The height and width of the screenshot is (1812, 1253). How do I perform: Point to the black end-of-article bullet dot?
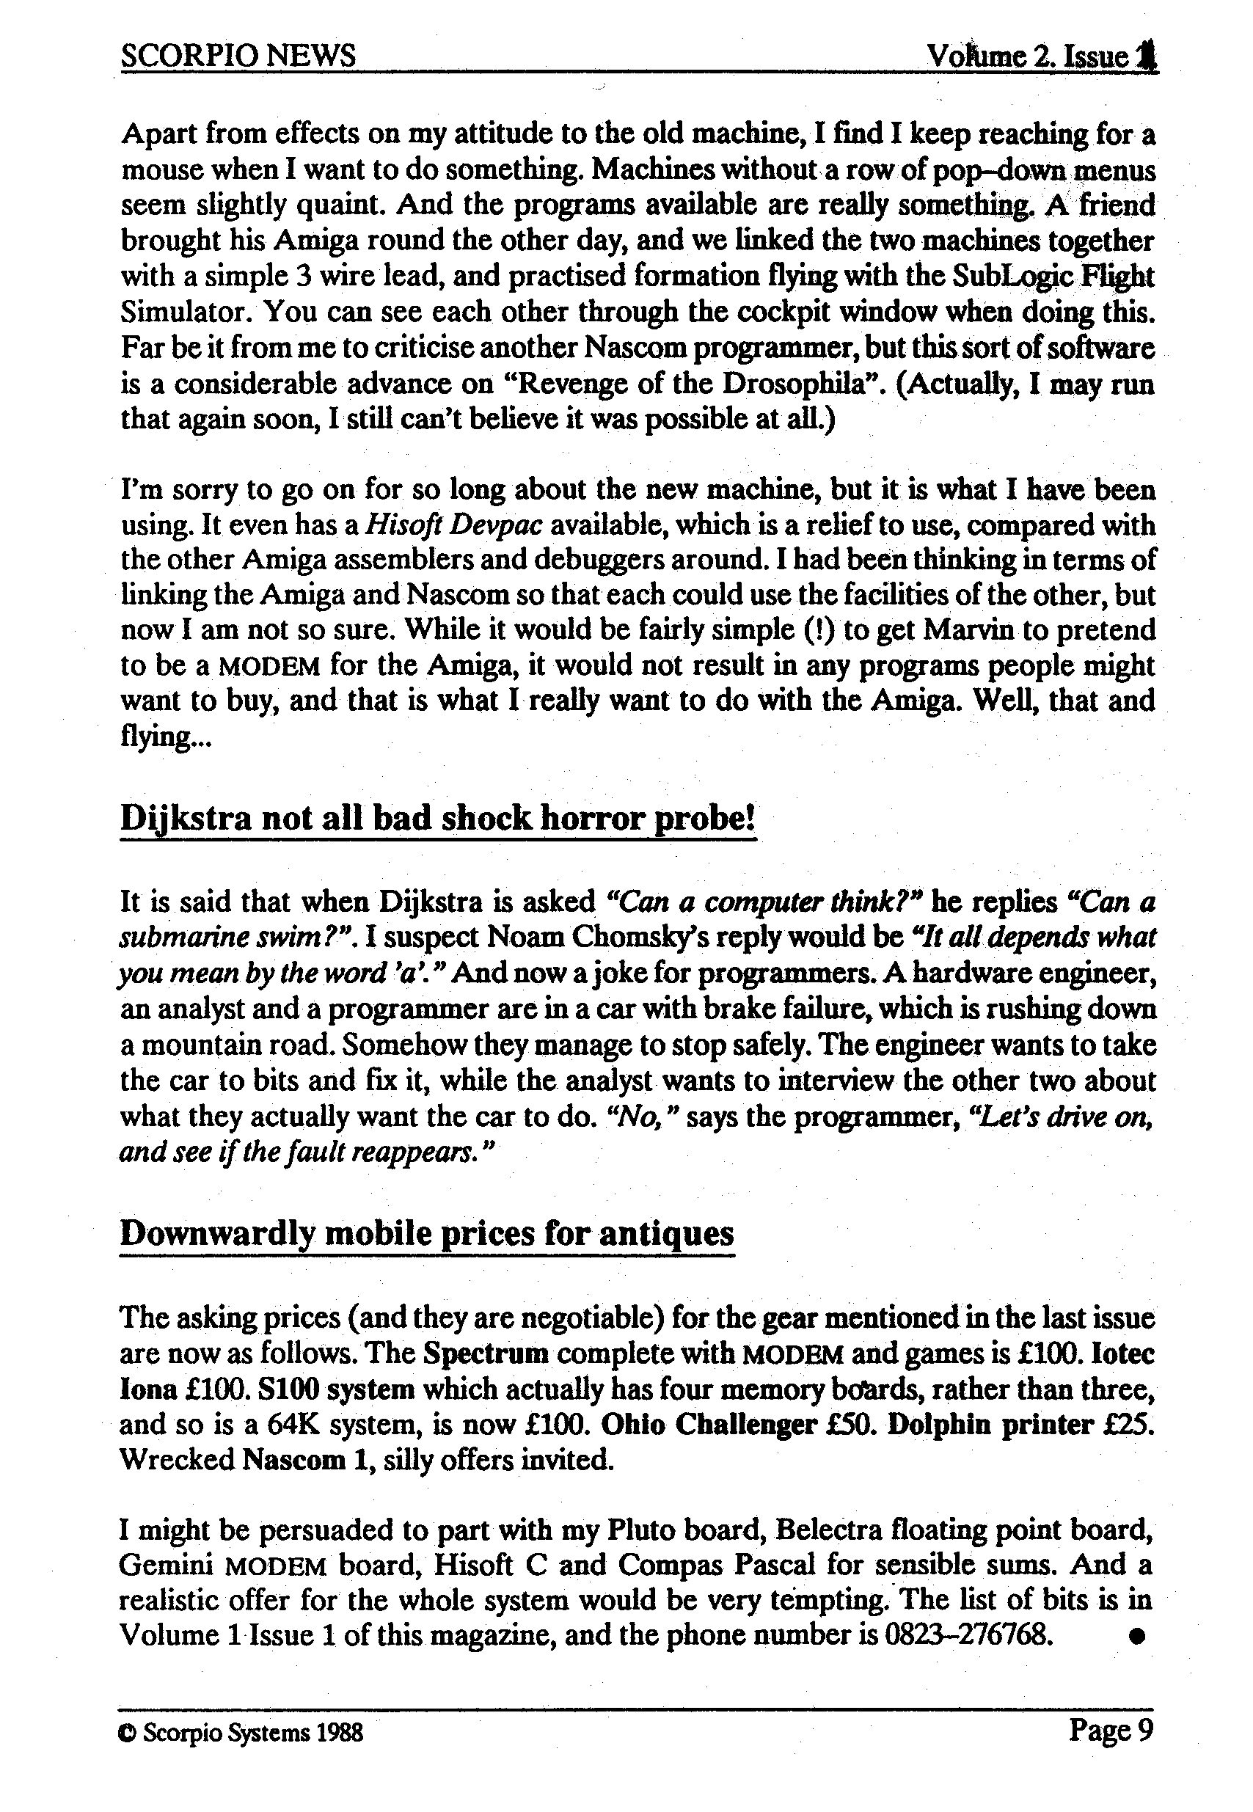1135,1637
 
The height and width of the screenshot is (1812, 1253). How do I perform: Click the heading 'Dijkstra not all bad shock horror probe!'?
437,819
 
